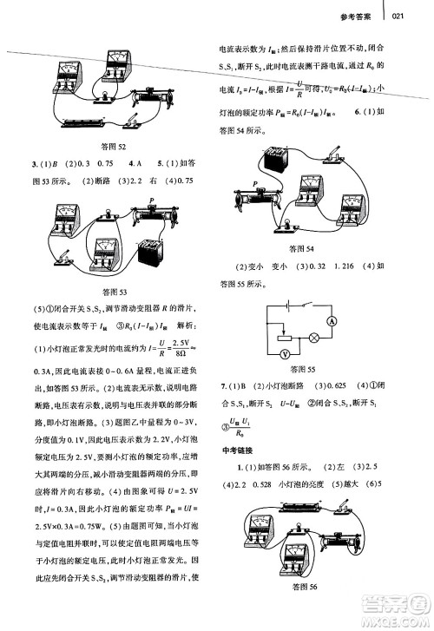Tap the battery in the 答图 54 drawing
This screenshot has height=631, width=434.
point(280,161)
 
